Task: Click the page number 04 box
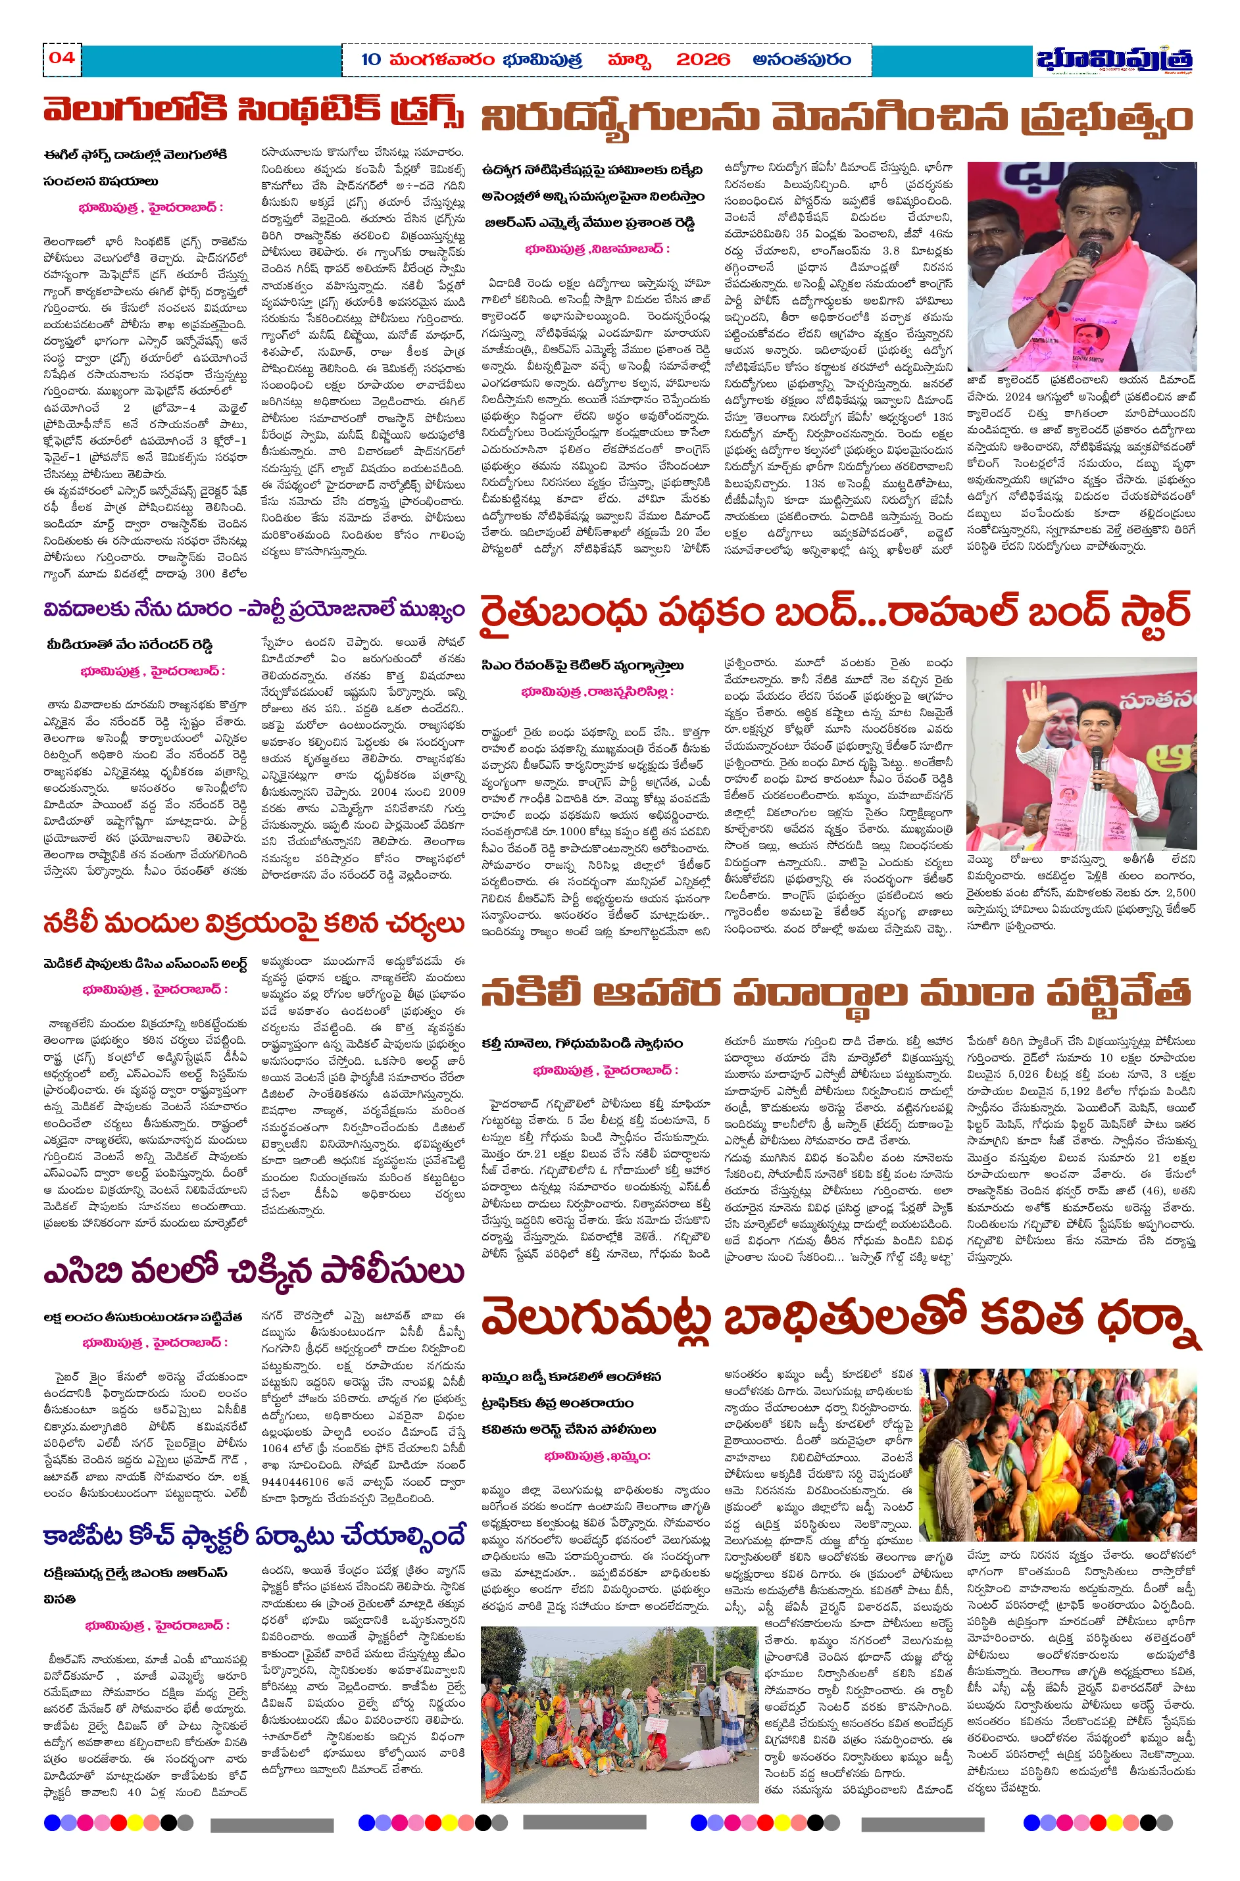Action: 62,58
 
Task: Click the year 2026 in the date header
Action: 703,60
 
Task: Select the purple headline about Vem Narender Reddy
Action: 253,610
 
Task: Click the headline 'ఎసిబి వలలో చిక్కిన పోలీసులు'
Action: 253,1271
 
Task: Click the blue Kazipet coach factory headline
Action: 253,1536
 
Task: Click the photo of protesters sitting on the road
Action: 618,1714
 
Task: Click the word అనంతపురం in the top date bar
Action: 802,60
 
